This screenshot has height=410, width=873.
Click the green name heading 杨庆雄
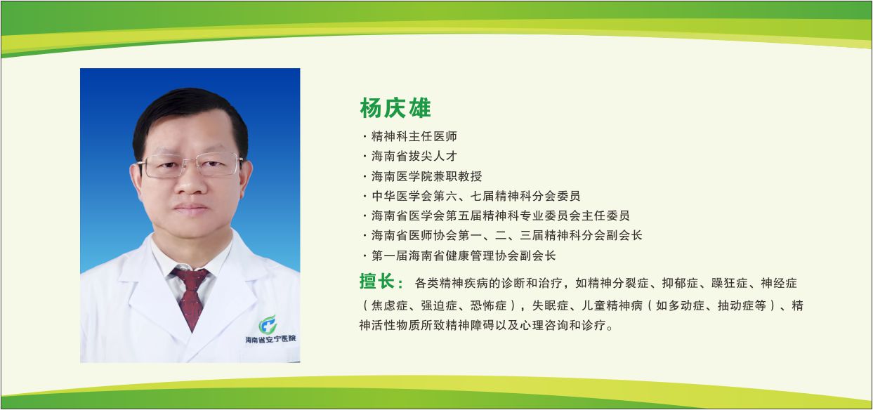395,108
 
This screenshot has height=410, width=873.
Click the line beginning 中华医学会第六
475,196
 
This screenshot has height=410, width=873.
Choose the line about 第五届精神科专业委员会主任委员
500,216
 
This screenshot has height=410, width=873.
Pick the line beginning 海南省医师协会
506,235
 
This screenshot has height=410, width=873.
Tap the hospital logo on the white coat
268,324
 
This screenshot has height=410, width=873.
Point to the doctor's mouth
190,209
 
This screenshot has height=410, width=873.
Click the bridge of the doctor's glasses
190,163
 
